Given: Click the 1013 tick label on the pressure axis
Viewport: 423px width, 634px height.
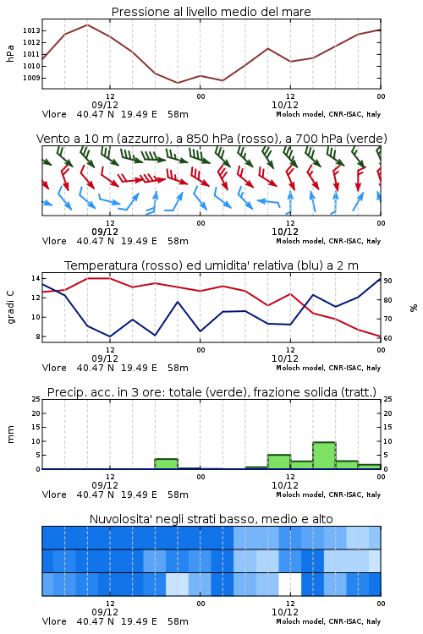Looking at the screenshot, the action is [x=31, y=30].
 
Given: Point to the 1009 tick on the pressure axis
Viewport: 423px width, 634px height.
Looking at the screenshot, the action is [x=31, y=78].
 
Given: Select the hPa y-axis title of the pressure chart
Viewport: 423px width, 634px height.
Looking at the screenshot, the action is [x=10, y=53].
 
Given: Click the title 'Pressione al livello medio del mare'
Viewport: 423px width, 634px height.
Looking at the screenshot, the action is [x=211, y=12].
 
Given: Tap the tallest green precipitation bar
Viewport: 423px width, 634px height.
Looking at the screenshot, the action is [x=324, y=456].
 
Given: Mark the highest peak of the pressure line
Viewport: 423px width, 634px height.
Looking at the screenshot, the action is [x=87, y=25].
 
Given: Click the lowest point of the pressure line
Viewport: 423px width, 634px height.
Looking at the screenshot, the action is [x=178, y=83].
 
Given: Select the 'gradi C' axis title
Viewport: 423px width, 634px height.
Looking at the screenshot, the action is [x=10, y=308].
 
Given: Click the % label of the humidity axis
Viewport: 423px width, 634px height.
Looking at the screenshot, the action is [x=414, y=308].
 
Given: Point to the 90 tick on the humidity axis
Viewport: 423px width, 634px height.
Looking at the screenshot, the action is [x=387, y=281].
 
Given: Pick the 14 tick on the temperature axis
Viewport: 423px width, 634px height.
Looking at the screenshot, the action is [x=36, y=278].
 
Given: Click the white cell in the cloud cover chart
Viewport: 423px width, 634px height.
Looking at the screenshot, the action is [x=290, y=584].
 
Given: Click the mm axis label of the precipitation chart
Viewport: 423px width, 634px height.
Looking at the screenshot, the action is [x=10, y=435].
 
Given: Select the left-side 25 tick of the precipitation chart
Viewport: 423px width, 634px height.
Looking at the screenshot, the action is [x=36, y=399].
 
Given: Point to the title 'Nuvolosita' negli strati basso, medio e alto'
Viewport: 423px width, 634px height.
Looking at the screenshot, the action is [x=211, y=519].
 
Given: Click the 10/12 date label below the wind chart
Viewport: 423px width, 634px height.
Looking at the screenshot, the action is [x=285, y=232].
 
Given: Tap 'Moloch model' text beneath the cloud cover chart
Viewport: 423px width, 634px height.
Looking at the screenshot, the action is [x=300, y=621].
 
